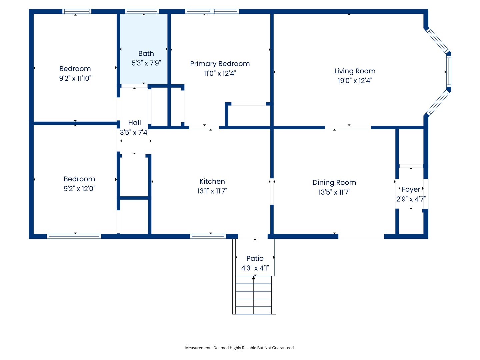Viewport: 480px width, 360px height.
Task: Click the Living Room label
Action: [355, 71]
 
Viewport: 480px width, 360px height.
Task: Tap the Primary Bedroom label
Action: [220, 64]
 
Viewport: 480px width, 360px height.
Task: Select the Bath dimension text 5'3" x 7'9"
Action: [146, 63]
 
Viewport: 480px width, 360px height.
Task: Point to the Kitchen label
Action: [212, 181]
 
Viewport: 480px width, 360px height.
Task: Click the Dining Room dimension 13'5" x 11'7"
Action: [334, 192]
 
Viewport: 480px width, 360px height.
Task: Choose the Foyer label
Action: [411, 189]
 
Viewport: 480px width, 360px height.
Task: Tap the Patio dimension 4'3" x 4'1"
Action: [255, 268]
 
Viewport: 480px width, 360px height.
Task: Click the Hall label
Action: [134, 123]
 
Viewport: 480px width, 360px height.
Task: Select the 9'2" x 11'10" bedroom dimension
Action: [75, 78]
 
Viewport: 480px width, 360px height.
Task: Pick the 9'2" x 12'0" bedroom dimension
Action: [79, 189]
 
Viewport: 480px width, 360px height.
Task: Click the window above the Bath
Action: [142, 11]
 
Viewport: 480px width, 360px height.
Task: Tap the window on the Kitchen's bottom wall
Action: [208, 236]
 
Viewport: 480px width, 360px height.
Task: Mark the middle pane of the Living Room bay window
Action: [449, 70]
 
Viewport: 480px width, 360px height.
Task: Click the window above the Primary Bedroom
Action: [212, 11]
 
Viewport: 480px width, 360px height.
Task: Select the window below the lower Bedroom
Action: [74, 236]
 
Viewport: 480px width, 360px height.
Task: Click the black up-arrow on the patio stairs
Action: [254, 278]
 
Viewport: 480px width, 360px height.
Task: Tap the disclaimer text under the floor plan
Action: [240, 348]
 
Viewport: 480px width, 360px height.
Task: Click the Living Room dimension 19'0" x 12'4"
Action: [355, 81]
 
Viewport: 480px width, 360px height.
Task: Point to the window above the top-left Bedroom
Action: [77, 11]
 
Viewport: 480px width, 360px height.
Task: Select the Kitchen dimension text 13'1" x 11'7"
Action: [212, 191]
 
